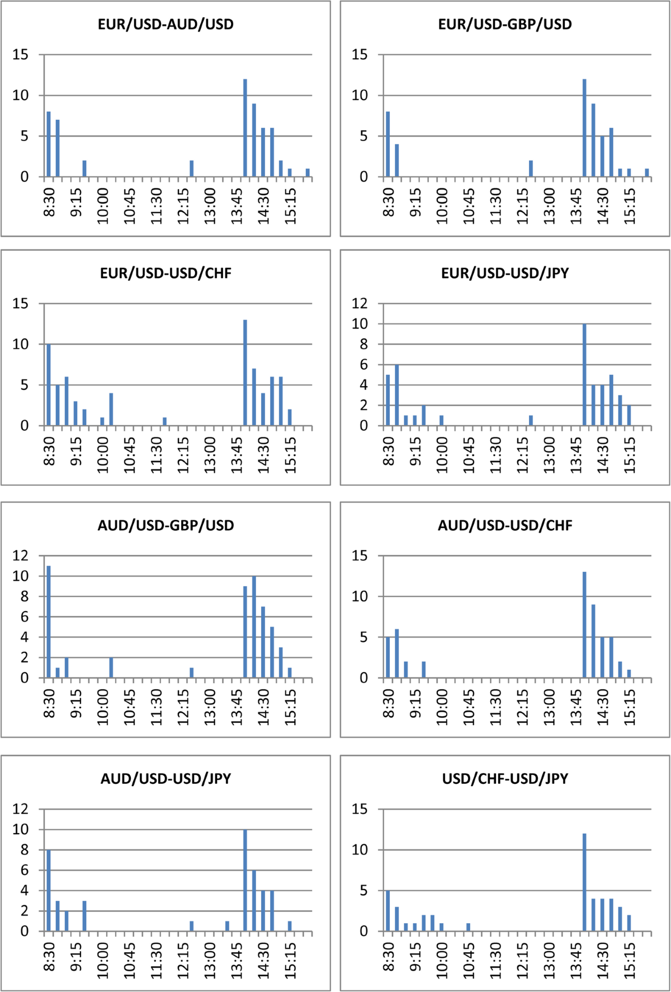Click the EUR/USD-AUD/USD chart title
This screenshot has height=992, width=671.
[x=166, y=25]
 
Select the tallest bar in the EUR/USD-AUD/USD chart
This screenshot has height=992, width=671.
[x=245, y=128]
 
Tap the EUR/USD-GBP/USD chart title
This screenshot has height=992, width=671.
[x=505, y=25]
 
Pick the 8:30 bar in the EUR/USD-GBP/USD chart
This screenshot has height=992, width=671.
[x=388, y=144]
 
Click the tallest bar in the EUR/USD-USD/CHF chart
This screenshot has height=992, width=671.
[x=245, y=373]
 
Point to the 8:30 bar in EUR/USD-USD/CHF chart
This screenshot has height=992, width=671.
[x=49, y=385]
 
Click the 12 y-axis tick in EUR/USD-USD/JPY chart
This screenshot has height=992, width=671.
[x=360, y=303]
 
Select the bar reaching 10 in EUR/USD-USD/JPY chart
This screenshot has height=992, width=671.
[x=584, y=375]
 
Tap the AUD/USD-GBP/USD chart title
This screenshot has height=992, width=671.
[x=166, y=525]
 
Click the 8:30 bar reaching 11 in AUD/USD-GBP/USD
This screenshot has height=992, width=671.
[x=49, y=622]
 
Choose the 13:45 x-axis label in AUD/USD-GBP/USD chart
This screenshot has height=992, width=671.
[x=237, y=707]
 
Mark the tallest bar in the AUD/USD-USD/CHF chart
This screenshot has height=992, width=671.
[x=584, y=625]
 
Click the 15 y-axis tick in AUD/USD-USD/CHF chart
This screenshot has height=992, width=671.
[x=360, y=556]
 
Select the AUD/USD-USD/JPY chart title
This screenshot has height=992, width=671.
[x=166, y=779]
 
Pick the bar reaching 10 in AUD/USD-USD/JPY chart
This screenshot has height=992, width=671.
[x=245, y=880]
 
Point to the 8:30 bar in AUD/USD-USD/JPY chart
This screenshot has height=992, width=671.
[x=49, y=890]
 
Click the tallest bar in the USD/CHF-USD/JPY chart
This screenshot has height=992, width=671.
[x=584, y=882]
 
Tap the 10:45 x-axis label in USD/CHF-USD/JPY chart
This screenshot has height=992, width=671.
[x=469, y=961]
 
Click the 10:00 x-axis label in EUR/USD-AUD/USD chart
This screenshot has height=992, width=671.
[x=103, y=206]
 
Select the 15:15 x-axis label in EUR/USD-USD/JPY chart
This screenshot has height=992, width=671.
[x=630, y=455]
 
